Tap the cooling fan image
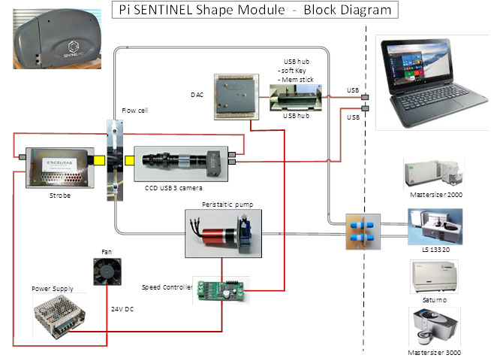coord(106,272)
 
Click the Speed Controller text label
coord(166,287)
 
